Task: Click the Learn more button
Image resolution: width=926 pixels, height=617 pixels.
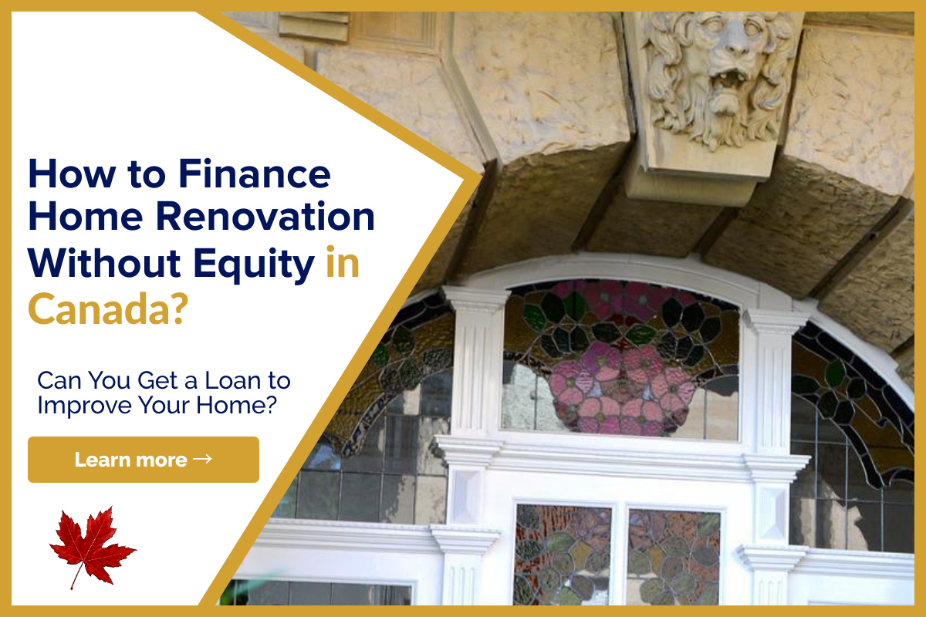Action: tap(144, 460)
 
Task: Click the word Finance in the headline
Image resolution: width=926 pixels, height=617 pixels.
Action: tap(255, 174)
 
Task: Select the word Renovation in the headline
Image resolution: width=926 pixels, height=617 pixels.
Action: tap(265, 217)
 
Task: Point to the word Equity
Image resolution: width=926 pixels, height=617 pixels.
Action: tap(254, 265)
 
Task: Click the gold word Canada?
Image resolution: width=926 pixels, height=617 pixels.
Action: tap(108, 308)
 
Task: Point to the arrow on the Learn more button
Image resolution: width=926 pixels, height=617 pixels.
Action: tap(202, 459)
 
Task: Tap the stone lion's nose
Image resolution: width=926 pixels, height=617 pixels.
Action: tap(732, 48)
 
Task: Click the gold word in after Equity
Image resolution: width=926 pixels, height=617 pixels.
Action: tap(343, 262)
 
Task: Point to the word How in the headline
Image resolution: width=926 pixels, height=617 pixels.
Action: tap(72, 174)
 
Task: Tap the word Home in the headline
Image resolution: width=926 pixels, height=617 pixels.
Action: tap(86, 217)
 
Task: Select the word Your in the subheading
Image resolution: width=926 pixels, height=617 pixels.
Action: tap(164, 406)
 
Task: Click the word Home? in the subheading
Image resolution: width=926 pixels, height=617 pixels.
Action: tap(236, 406)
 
